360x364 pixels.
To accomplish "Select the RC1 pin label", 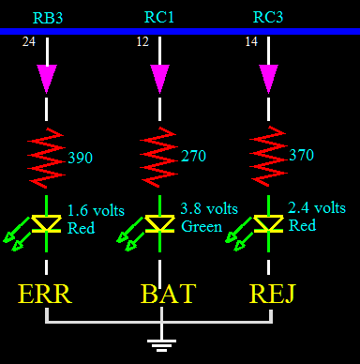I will (x=157, y=17).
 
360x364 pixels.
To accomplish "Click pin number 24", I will (x=28, y=42).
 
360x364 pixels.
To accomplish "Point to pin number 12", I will (x=142, y=42).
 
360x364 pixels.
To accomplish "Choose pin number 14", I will (x=251, y=42).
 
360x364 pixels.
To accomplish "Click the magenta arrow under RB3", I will (x=47, y=78).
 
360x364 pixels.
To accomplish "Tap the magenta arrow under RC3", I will (x=269, y=78).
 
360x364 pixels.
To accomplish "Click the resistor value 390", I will (x=81, y=159).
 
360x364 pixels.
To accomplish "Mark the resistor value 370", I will (x=302, y=155).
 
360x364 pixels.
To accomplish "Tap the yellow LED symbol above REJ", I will (x=269, y=223).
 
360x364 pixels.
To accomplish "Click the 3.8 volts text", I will (x=208, y=209).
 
